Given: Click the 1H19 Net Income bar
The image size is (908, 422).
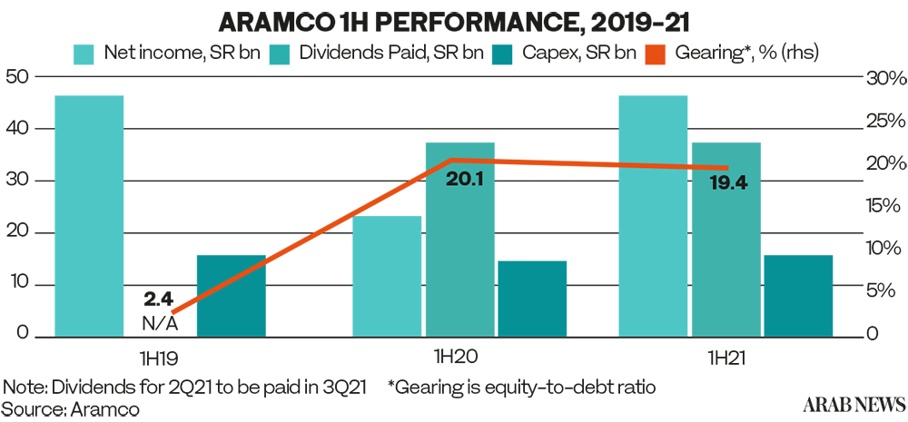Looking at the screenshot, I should coord(88,215).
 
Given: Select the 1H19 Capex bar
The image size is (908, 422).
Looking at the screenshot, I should coord(231,295).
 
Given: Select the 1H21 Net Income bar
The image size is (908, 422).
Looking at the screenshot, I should coord(653,215).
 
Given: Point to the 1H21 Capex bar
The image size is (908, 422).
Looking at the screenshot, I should coord(798,295).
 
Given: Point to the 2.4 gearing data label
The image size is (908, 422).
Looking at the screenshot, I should coord(160,298).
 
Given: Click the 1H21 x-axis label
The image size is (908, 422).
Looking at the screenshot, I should coord(725,357).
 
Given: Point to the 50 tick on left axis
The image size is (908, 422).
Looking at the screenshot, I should coord(15,78).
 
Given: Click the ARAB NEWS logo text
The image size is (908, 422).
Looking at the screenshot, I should coord(854,402).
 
